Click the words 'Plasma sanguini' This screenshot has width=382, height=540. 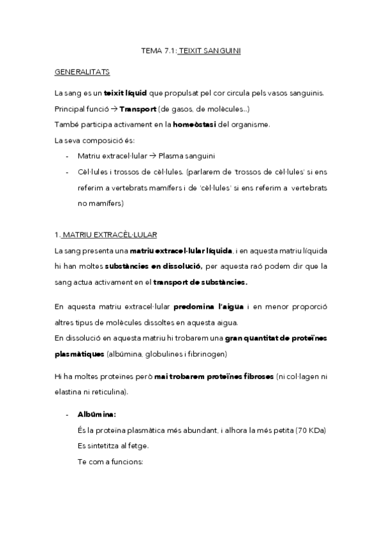(x=186, y=155)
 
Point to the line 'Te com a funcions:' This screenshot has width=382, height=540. (x=110, y=460)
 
